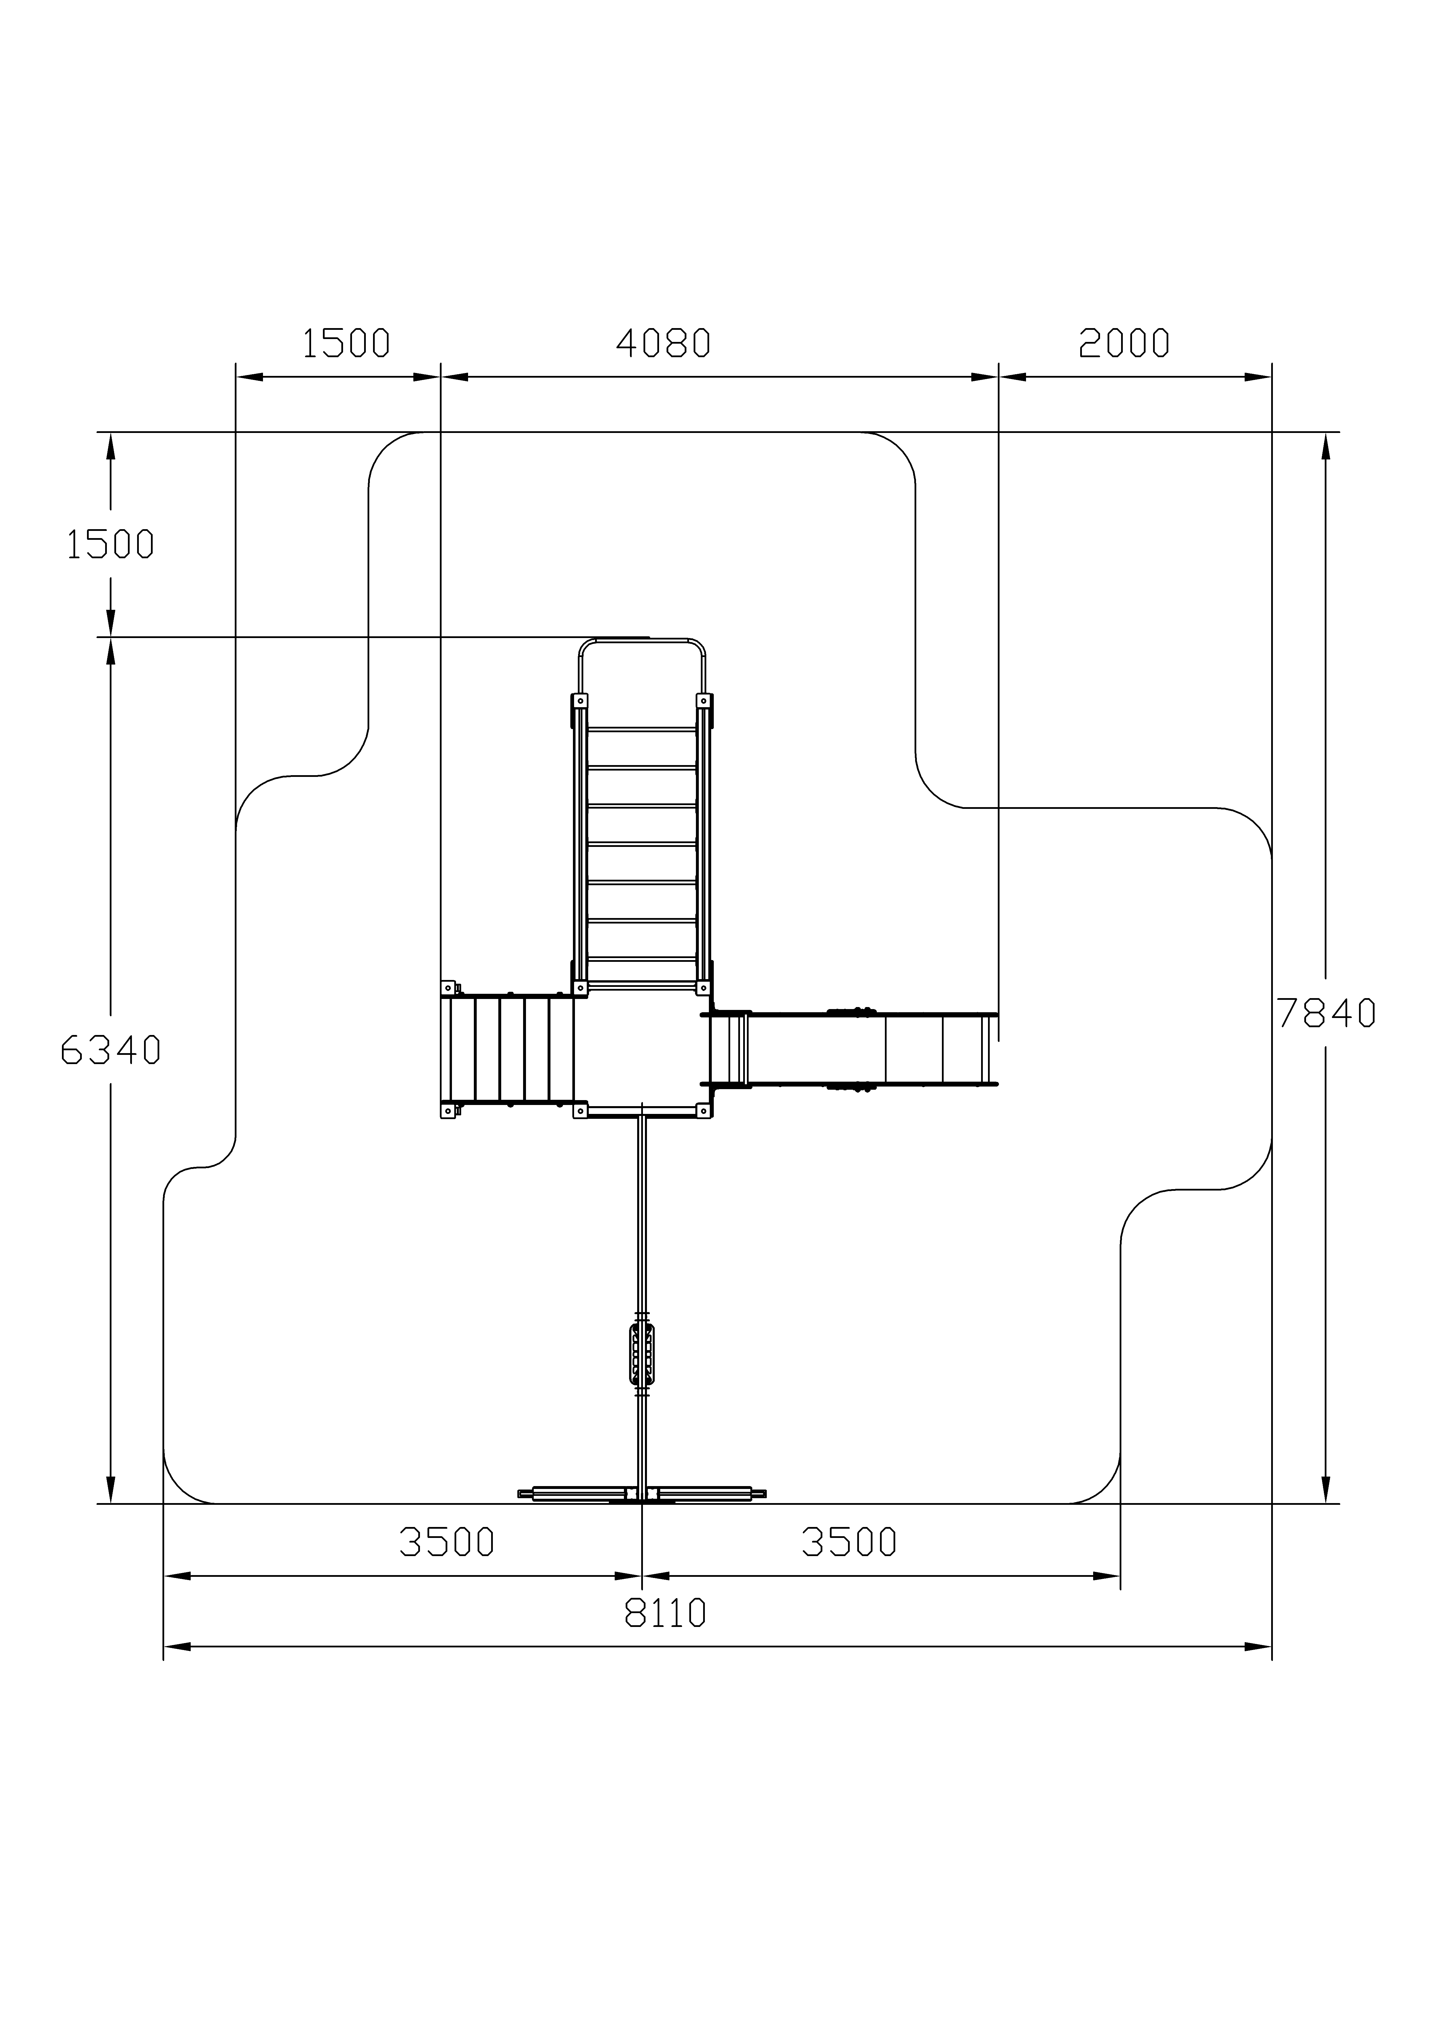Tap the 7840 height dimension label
click(1326, 1014)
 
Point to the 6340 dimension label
click(111, 1050)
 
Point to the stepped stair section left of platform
click(511, 1049)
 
